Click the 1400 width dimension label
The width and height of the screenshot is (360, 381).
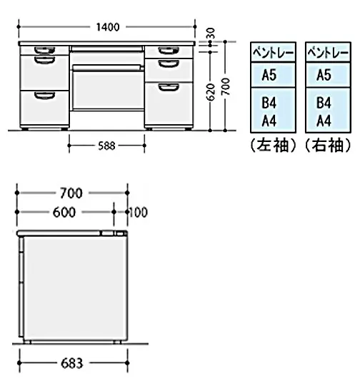click(108, 27)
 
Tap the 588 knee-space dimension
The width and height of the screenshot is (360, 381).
click(106, 146)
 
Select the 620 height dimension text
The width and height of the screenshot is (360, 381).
click(211, 92)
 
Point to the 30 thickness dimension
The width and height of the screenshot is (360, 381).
click(211, 33)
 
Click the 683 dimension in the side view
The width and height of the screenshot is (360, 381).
click(72, 363)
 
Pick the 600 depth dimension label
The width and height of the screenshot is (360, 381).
click(64, 213)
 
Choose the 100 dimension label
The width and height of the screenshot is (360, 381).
click(138, 213)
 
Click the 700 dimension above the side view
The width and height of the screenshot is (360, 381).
click(71, 193)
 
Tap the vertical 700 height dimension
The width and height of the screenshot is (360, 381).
click(226, 86)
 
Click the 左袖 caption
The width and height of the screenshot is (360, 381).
click(274, 146)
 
